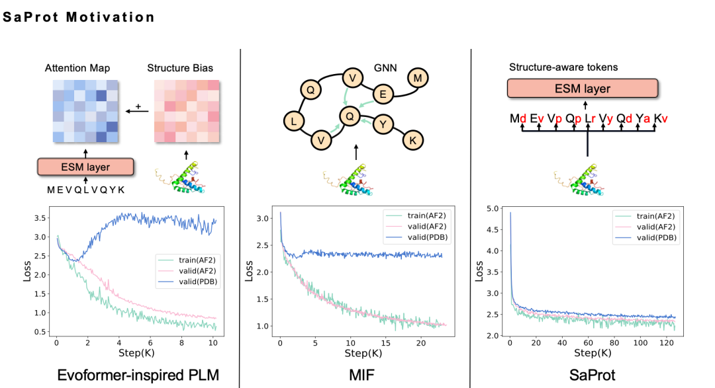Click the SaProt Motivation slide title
(x=79, y=17)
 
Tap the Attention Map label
(x=77, y=68)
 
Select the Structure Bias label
(x=180, y=68)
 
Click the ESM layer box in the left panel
(x=86, y=167)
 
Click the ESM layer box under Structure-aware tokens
(x=583, y=89)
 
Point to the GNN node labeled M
(x=418, y=79)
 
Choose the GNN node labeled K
(x=412, y=140)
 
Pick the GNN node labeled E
(x=382, y=95)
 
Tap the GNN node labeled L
(x=293, y=120)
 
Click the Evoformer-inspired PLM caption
(x=138, y=375)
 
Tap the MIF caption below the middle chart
(x=359, y=375)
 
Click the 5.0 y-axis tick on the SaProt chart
(x=493, y=209)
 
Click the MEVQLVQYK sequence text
(x=85, y=190)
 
